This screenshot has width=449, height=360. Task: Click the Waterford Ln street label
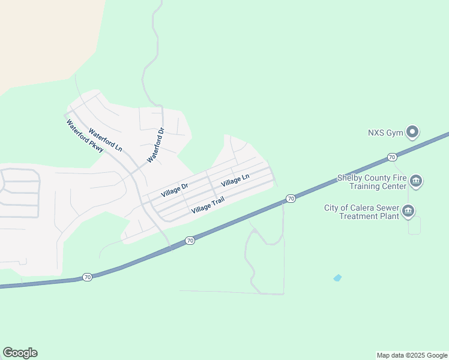pyautogui.click(x=105, y=139)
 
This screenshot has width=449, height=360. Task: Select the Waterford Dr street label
pyautogui.click(x=156, y=145)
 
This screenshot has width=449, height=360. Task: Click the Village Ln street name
pyautogui.click(x=235, y=179)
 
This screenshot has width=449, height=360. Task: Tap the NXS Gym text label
pyautogui.click(x=385, y=133)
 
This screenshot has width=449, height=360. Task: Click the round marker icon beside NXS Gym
pyautogui.click(x=412, y=131)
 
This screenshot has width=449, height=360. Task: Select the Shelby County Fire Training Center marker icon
pyautogui.click(x=416, y=181)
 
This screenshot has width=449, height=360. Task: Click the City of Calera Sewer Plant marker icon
pyautogui.click(x=408, y=211)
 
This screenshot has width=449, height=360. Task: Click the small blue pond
pyautogui.click(x=337, y=278)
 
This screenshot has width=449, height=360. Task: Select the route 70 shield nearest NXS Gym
pyautogui.click(x=392, y=157)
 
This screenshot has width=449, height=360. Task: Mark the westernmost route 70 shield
pyautogui.click(x=88, y=277)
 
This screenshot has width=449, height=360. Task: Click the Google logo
pyautogui.click(x=20, y=353)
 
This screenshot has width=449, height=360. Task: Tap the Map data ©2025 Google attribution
pyautogui.click(x=411, y=355)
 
